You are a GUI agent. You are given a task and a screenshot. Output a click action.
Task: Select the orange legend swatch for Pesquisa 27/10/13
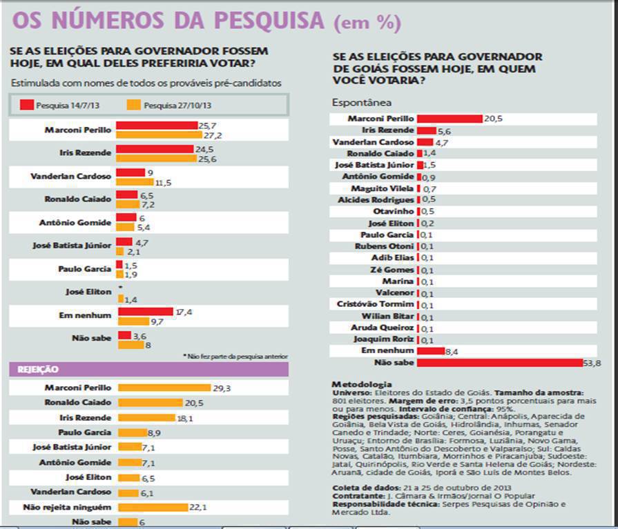pos(134,106)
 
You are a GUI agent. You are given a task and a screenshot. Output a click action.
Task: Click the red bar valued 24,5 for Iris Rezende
pos(155,148)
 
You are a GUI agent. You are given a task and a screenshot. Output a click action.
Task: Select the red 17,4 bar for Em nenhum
pos(145,312)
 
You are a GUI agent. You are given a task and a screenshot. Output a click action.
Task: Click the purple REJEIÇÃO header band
pos(148,370)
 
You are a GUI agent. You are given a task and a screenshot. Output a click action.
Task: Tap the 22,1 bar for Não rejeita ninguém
pos(153,507)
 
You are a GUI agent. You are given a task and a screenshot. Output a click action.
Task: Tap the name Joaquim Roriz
pos(385,339)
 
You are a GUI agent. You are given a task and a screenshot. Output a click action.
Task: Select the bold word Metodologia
pos(361,384)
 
